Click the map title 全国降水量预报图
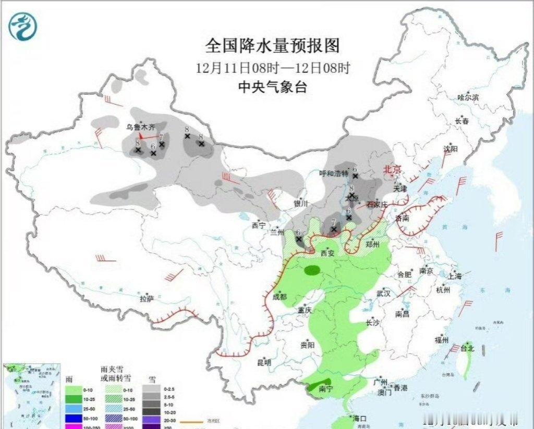(272, 46)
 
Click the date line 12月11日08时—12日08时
(272, 68)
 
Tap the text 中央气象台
(272, 87)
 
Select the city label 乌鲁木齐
(141, 127)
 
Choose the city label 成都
(280, 297)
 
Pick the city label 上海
(455, 276)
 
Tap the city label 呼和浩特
(333, 173)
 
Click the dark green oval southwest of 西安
(313, 270)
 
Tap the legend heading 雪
(151, 381)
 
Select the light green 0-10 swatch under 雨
(72, 389)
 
